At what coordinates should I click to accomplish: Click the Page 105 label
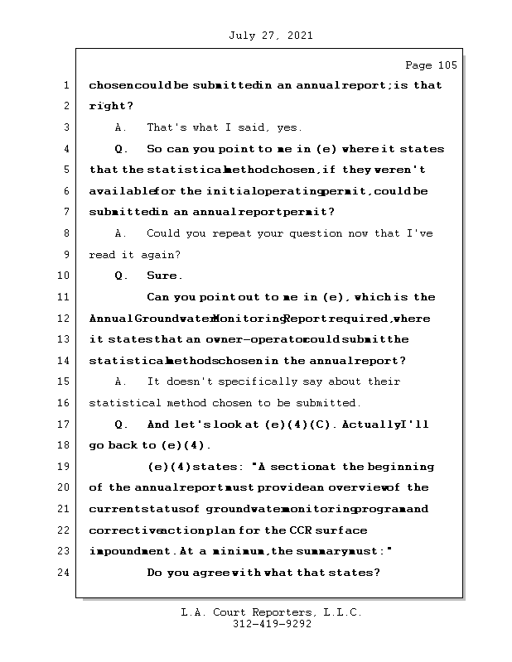point(430,65)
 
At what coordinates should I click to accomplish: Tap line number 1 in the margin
point(65,85)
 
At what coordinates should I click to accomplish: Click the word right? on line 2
point(111,106)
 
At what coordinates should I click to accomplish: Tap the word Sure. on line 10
point(165,276)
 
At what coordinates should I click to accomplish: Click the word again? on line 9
point(162,254)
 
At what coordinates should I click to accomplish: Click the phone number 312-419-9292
point(272,625)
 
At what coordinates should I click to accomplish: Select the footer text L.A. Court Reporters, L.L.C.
point(272,612)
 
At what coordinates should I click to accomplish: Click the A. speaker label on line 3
point(120,127)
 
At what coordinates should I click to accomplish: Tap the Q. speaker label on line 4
point(121,149)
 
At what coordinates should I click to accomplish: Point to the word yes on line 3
point(292,127)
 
